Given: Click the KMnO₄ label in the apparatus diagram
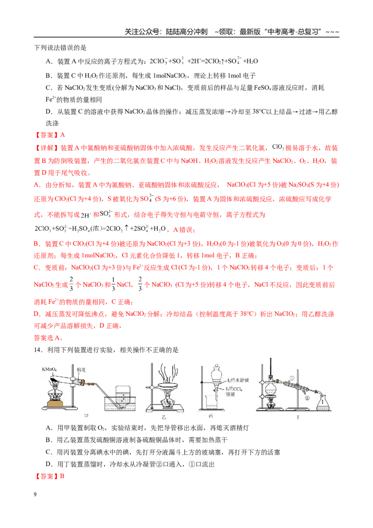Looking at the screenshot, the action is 49,369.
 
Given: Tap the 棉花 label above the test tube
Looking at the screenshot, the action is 81,369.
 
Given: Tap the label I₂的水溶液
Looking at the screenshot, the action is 238,380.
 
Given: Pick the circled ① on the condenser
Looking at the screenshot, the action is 292,378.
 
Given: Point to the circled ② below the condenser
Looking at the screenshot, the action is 307,398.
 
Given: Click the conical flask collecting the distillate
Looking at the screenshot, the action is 322,403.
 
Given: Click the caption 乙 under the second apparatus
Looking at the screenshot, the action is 164,417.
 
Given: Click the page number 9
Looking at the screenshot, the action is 35,494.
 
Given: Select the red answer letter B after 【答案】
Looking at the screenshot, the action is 62,476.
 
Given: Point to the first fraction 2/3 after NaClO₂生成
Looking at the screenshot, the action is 71,284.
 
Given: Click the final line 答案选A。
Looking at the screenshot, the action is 48,338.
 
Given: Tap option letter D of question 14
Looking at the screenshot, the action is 49,465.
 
